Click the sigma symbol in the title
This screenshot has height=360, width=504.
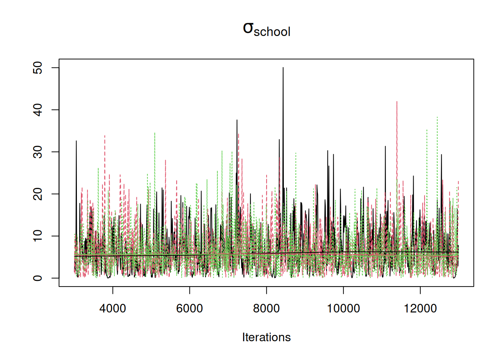tap(248, 28)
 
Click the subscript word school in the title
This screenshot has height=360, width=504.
tap(272, 32)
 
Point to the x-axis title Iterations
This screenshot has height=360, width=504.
tap(266, 337)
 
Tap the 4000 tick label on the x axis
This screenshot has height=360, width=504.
tap(112, 309)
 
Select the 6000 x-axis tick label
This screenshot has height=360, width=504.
tap(189, 309)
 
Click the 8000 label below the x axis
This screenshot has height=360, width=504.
tap(266, 309)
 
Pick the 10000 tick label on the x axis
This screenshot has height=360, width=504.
tap(343, 309)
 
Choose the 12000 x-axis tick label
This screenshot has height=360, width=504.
tap(420, 309)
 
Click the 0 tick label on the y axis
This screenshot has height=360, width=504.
tap(38, 278)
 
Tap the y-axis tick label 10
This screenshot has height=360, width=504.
tap(38, 236)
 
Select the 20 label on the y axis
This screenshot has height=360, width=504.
tap(38, 194)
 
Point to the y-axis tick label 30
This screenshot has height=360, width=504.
tap(38, 152)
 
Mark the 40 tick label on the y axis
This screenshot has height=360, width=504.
tap(38, 110)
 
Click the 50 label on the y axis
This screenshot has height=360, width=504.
tap(38, 68)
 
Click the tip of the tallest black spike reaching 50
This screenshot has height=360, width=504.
tap(283, 68)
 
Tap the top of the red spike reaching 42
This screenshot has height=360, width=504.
tap(397, 102)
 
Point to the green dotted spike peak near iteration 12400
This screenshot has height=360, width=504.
tap(437, 117)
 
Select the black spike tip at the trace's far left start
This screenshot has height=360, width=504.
tap(76, 141)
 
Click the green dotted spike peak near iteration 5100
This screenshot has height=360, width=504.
tap(154, 133)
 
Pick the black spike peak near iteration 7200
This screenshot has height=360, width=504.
tap(237, 120)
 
